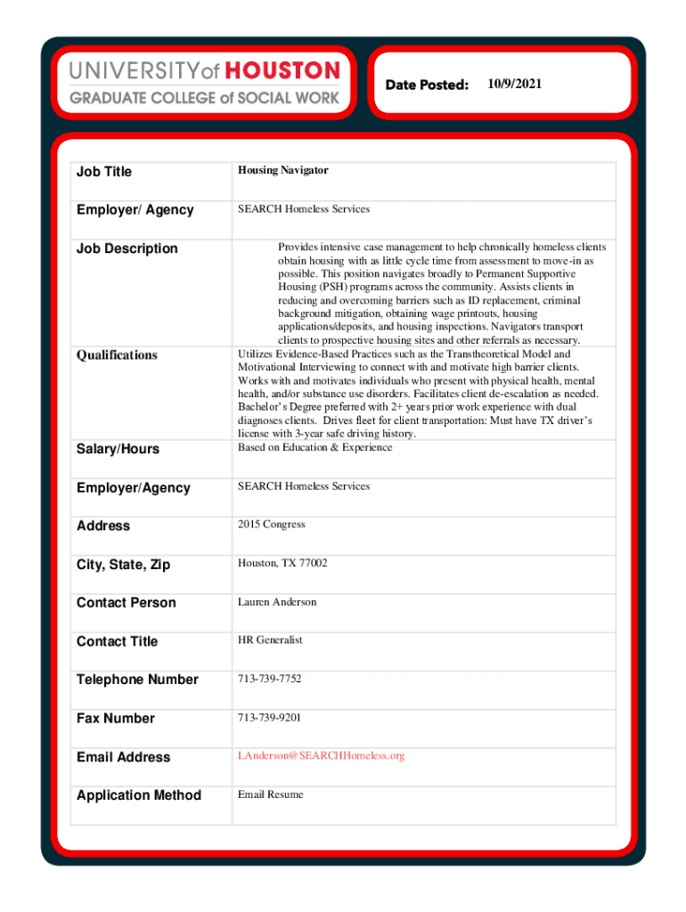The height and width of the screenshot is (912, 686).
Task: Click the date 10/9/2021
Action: pyautogui.click(x=514, y=84)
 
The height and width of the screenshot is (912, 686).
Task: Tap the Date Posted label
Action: pyautogui.click(x=427, y=85)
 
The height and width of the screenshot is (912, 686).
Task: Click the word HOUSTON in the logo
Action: pyautogui.click(x=282, y=70)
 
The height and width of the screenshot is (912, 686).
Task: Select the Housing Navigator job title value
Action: pyautogui.click(x=282, y=170)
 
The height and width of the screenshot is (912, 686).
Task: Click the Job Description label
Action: pyautogui.click(x=127, y=248)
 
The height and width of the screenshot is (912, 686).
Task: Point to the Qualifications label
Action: pyautogui.click(x=117, y=355)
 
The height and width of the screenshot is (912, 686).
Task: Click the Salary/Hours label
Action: pyautogui.click(x=118, y=449)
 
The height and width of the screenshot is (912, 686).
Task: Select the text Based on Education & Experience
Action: pyautogui.click(x=314, y=447)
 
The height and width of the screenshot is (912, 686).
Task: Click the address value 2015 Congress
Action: pyautogui.click(x=271, y=525)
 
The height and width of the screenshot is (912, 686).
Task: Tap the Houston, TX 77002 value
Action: pyautogui.click(x=282, y=564)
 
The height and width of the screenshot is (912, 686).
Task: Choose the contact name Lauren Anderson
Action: pyautogui.click(x=276, y=602)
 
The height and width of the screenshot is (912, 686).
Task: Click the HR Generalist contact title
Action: pyautogui.click(x=270, y=640)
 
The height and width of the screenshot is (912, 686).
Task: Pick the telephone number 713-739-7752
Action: pyautogui.click(x=269, y=679)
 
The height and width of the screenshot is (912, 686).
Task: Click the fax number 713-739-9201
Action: pyautogui.click(x=269, y=717)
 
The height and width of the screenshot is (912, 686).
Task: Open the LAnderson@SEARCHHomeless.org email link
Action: pyautogui.click(x=321, y=756)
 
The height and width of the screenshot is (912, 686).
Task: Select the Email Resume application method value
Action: pyautogui.click(x=270, y=794)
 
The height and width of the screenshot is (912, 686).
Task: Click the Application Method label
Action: pyautogui.click(x=139, y=795)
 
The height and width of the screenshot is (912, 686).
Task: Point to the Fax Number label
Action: pyautogui.click(x=115, y=718)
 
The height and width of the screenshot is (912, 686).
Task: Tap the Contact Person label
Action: pyautogui.click(x=126, y=603)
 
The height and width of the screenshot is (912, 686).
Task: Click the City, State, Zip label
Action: pyautogui.click(x=123, y=565)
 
